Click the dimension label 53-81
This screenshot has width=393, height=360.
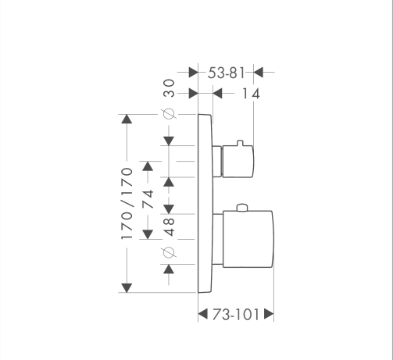point(226,73)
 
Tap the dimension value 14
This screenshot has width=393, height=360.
point(251,94)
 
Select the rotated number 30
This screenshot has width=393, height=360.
point(169,88)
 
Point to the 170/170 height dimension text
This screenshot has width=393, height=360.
point(127,204)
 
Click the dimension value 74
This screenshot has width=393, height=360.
point(148,199)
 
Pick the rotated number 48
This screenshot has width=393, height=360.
point(169,227)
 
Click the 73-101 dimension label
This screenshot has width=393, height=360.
point(236,315)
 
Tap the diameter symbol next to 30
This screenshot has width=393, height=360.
point(169,114)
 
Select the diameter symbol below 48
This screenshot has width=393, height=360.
point(168,252)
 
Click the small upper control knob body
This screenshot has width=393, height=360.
point(238,162)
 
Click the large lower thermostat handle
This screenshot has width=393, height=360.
point(248,239)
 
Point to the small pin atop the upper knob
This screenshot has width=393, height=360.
point(240,143)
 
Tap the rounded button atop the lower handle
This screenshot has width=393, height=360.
point(242,208)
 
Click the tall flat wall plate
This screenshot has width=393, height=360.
point(205,203)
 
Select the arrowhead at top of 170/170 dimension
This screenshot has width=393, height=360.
point(127,119)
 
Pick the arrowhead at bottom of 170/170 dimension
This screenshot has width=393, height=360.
point(127,288)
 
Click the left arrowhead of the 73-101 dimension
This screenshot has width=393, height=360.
point(203,314)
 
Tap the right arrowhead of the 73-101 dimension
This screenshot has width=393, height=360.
point(269,314)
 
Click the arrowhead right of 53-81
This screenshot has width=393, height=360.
point(259,72)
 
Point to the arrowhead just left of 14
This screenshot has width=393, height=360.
point(217,93)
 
